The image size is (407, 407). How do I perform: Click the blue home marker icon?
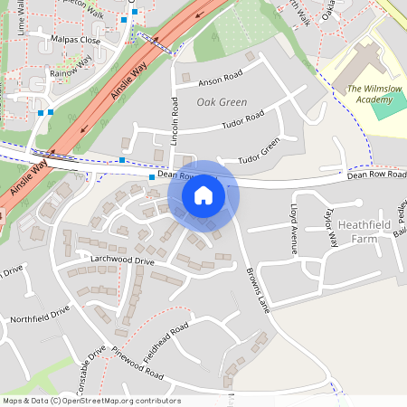pyautogui.click(x=203, y=194)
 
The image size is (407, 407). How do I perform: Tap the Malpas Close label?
pyautogui.click(x=76, y=41)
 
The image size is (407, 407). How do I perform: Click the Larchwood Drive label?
pyautogui.click(x=122, y=260)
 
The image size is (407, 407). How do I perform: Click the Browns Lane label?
pyautogui.click(x=258, y=290)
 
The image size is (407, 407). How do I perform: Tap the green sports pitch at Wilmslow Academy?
pyautogui.click(x=393, y=101)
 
